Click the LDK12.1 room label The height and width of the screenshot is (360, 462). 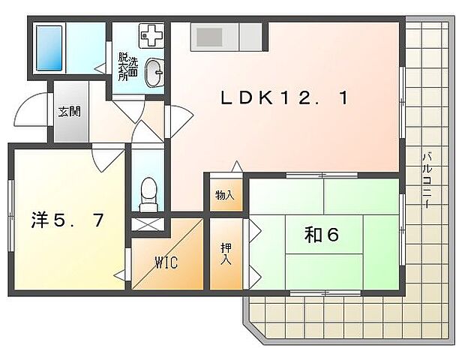tap(285, 97)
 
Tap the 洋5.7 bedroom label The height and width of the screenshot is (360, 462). tap(67, 220)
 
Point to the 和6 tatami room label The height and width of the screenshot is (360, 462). tap(322, 235)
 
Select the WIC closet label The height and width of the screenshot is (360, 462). tap(166, 262)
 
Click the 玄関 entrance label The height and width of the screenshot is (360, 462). tap(69, 111)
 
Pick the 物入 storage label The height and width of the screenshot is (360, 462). tap(225, 195)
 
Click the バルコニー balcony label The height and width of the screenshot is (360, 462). tap(427, 180)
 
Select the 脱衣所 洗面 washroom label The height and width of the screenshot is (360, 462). tap(127, 67)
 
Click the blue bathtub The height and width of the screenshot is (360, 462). tap(49, 48)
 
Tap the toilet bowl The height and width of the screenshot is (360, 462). tap(148, 193)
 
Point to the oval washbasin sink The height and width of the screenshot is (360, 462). tap(154, 73)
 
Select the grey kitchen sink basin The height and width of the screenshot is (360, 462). tap(209, 37)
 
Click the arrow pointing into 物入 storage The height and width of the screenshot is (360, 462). tap(237, 166)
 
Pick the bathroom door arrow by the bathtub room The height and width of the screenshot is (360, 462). tap(100, 68)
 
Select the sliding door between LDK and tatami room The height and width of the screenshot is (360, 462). tap(322, 175)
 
